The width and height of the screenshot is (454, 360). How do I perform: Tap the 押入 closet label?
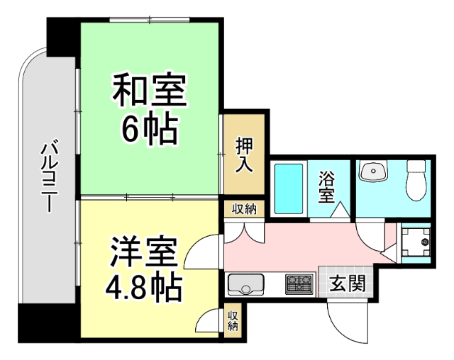pyautogui.click(x=244, y=155)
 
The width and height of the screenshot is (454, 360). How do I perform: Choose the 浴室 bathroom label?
pyautogui.click(x=327, y=186)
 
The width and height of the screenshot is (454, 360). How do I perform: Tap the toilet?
pyautogui.click(x=414, y=181)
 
